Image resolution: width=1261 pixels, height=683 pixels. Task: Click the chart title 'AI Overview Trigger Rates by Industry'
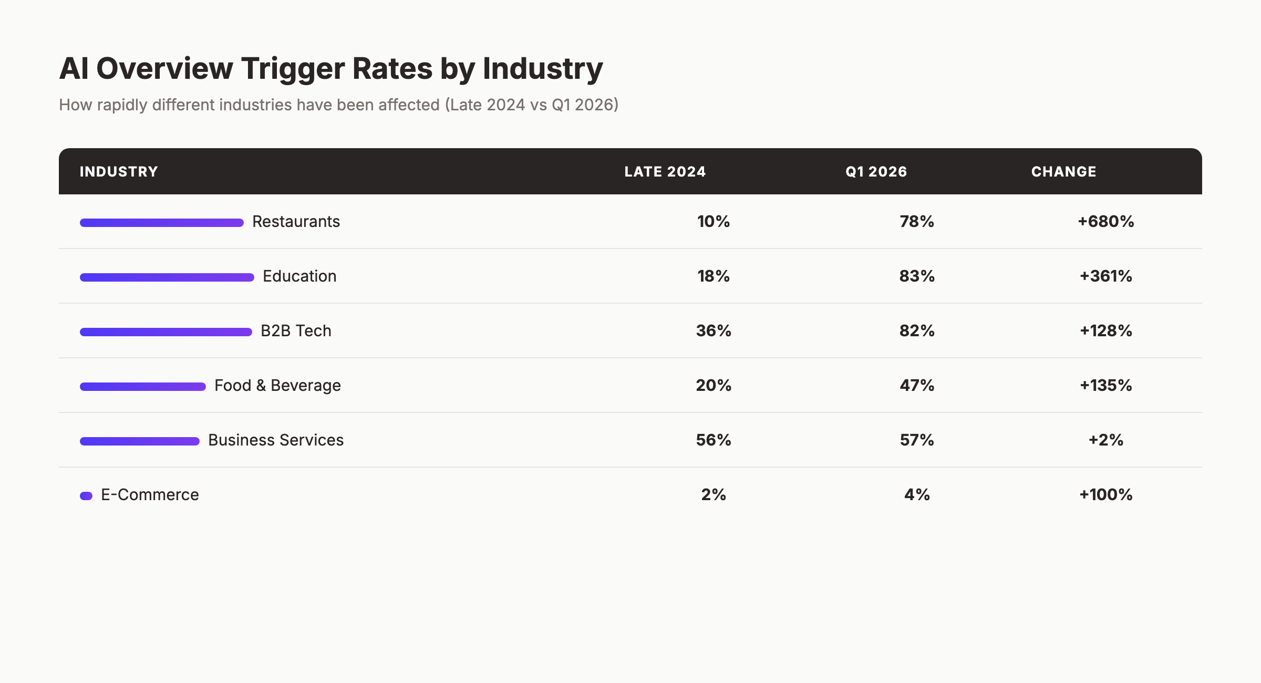click(x=331, y=69)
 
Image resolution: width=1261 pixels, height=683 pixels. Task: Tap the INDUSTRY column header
click(x=119, y=172)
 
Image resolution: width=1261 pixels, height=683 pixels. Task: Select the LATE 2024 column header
click(x=665, y=172)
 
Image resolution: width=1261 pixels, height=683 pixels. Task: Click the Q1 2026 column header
click(x=876, y=172)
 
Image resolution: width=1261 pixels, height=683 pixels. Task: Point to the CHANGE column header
click(x=1063, y=172)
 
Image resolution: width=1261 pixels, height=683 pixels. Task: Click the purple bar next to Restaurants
click(x=161, y=223)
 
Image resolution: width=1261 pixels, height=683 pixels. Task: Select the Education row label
click(x=299, y=276)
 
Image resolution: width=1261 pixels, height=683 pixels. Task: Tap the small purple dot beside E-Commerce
click(x=86, y=496)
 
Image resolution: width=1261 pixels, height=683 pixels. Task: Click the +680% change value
click(x=1105, y=222)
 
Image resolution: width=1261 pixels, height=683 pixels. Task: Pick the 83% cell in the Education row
click(x=917, y=276)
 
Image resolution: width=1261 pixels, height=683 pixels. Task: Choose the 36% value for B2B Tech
click(x=714, y=331)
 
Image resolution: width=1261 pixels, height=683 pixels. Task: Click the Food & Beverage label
click(x=277, y=386)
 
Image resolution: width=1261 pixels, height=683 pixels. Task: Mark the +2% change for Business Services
click(x=1105, y=440)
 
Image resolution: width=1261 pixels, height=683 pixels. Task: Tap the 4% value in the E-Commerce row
click(x=917, y=495)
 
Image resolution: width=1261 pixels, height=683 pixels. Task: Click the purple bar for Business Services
click(x=139, y=441)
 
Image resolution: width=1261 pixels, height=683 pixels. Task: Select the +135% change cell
click(x=1105, y=386)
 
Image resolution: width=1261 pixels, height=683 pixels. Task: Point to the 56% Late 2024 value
click(x=714, y=440)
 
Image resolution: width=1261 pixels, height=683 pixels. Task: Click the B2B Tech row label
click(x=296, y=331)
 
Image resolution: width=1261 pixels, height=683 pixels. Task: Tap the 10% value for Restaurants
click(x=714, y=222)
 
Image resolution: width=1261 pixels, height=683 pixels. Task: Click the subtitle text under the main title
click(x=338, y=105)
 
